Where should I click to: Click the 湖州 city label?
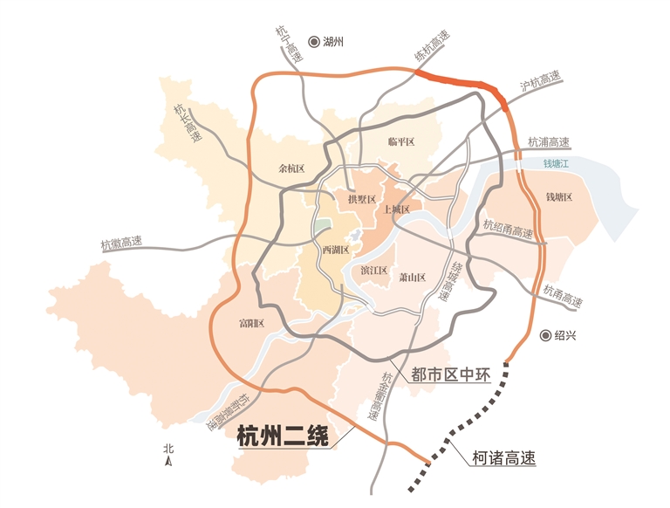(x=335, y=41)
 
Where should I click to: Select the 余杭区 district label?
(x=291, y=168)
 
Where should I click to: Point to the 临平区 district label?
(x=404, y=142)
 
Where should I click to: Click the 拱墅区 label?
(x=361, y=200)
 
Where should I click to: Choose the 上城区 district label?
(x=396, y=209)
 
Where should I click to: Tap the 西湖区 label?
(x=335, y=251)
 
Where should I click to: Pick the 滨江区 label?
(x=373, y=271)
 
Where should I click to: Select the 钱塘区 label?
(x=558, y=198)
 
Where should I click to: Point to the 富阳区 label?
(x=251, y=324)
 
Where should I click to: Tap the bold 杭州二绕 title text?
(x=282, y=436)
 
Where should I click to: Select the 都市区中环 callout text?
(x=453, y=376)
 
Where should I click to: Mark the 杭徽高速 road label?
(x=121, y=244)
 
